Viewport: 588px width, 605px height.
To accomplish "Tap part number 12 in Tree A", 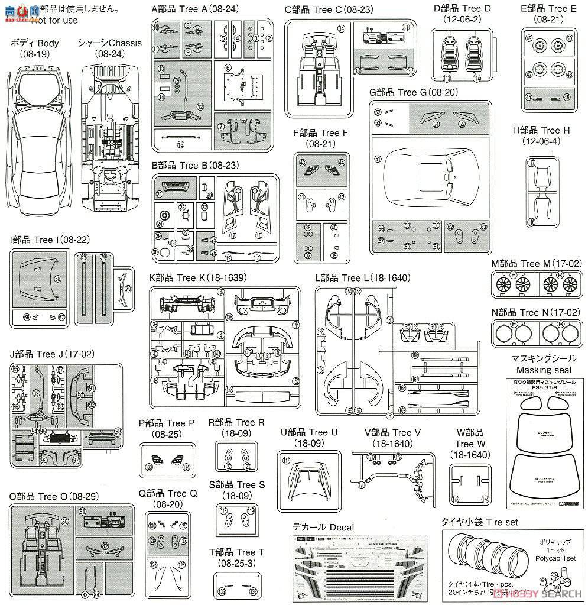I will [200, 106].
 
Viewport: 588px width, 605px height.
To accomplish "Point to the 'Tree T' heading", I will [236, 552].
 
